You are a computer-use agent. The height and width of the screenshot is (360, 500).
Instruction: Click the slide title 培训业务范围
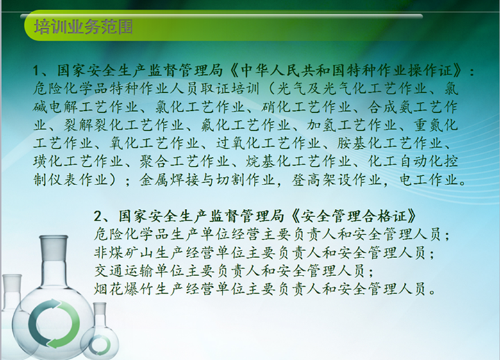click(x=83, y=27)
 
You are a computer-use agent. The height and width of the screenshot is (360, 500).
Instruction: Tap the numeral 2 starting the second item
click(x=97, y=217)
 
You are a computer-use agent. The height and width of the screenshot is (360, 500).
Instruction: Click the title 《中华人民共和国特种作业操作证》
click(x=346, y=70)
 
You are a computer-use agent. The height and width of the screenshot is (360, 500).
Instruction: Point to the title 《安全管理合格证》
click(x=354, y=217)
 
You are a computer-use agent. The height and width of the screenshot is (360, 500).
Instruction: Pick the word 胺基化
click(x=360, y=143)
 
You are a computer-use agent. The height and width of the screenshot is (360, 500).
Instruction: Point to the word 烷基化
click(x=268, y=161)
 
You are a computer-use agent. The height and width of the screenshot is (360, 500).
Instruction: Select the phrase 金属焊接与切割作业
click(x=207, y=180)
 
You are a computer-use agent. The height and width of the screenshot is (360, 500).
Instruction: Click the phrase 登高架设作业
click(x=337, y=180)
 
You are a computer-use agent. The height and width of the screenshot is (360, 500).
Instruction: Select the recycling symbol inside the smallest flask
click(x=99, y=345)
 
